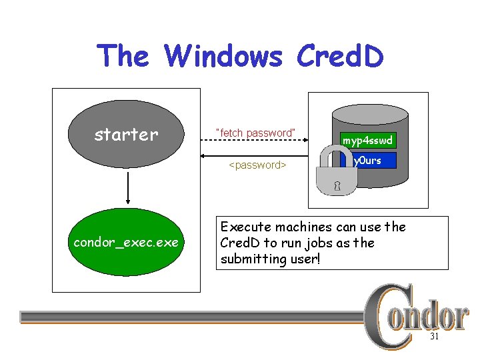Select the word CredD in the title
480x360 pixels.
click(x=339, y=56)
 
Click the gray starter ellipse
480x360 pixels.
click(x=127, y=135)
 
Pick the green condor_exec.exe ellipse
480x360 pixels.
click(x=127, y=242)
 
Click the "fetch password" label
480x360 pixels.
click(x=255, y=133)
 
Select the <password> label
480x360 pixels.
click(x=257, y=165)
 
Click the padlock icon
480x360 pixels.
click(x=337, y=175)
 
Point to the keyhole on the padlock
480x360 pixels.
click(x=337, y=186)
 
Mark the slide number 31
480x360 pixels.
click(x=434, y=337)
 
